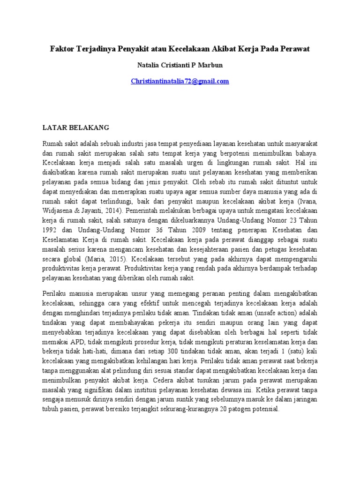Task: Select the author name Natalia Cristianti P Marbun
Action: (180, 65)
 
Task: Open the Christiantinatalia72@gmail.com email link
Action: (180, 81)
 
